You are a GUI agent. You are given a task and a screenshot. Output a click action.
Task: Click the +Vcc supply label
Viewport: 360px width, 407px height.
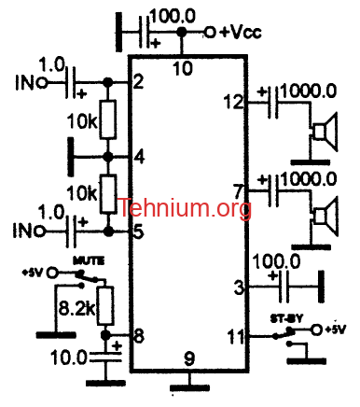click(x=241, y=32)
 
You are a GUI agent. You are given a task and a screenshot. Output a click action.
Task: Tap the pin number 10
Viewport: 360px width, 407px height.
click(x=183, y=68)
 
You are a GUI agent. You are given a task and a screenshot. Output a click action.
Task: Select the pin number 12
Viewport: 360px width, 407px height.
click(x=233, y=102)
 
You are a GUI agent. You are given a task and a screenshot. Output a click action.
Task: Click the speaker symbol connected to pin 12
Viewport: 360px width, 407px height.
click(x=325, y=133)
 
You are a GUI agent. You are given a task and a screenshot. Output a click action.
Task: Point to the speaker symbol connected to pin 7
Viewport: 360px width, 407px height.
click(x=325, y=217)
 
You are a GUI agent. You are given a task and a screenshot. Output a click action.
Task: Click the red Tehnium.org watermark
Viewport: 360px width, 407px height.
click(x=185, y=208)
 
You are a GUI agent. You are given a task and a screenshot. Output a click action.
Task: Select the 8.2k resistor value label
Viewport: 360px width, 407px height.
click(x=77, y=309)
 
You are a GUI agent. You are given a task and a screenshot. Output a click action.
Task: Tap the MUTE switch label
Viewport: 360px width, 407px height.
click(x=89, y=260)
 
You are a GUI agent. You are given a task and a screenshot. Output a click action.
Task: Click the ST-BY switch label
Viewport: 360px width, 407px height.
click(x=286, y=319)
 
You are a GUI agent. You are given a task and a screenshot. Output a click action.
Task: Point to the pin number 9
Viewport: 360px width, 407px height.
click(x=188, y=358)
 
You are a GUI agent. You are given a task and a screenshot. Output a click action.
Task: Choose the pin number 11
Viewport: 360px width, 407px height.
click(x=236, y=336)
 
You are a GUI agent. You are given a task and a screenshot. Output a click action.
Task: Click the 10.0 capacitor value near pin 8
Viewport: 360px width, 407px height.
click(x=68, y=357)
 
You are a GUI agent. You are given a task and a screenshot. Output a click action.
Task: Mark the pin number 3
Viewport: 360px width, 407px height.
click(x=239, y=288)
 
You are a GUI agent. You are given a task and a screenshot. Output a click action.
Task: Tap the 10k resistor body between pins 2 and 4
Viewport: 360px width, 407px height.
click(x=108, y=119)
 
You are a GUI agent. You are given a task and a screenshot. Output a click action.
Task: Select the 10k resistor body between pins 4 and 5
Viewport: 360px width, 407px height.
click(x=108, y=194)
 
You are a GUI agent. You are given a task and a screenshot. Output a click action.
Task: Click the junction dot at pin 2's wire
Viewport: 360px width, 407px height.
click(x=108, y=82)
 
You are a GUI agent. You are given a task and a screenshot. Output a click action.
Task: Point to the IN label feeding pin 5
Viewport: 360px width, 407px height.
click(x=25, y=231)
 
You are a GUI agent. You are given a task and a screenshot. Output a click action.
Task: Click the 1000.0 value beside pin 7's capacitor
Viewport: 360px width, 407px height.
click(x=309, y=179)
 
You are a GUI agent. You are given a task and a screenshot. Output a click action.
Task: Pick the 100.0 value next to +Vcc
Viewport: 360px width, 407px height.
click(x=173, y=16)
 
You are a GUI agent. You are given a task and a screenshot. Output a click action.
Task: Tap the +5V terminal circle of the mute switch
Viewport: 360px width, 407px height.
click(x=52, y=273)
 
